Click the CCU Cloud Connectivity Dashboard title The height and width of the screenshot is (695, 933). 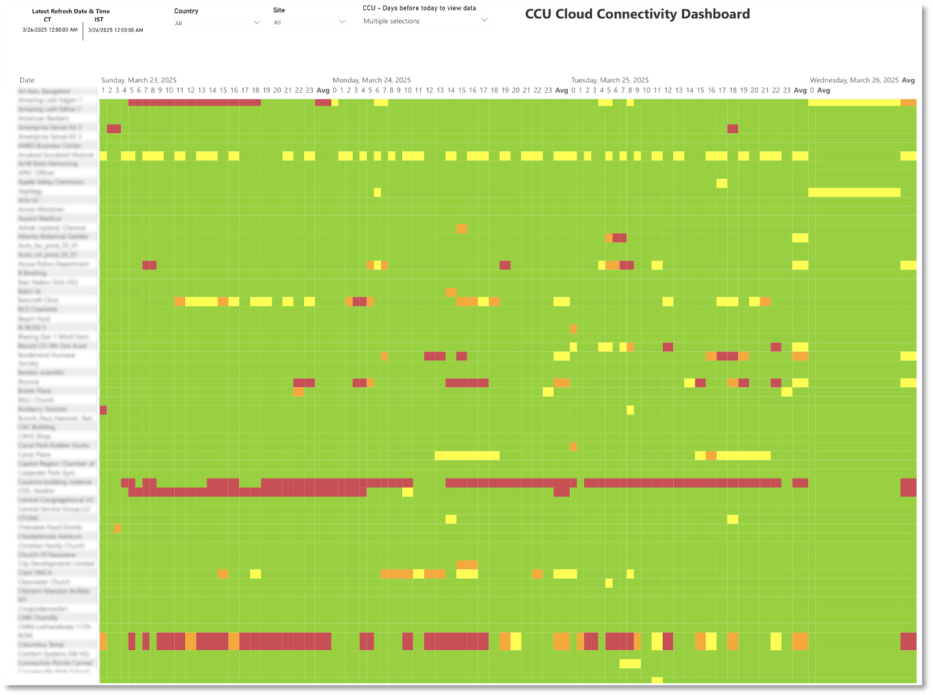(x=637, y=14)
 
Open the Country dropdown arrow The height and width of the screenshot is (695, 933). (x=257, y=23)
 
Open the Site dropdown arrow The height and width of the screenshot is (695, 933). (x=342, y=22)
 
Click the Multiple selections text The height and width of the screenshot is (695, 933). (x=391, y=21)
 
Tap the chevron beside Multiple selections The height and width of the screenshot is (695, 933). (x=484, y=21)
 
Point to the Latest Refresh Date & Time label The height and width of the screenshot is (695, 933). (x=71, y=11)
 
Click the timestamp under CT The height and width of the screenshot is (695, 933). (x=50, y=30)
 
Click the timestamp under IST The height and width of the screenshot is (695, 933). (x=116, y=30)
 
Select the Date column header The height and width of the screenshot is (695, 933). (x=27, y=81)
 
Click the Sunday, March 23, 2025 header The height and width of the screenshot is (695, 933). (x=139, y=80)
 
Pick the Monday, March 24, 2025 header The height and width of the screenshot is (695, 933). (x=372, y=80)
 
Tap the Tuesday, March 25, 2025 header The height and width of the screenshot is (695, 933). (x=610, y=80)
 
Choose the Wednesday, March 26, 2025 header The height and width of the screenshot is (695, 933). (x=854, y=80)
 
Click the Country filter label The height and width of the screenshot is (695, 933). (x=186, y=11)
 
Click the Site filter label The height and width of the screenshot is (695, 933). (x=279, y=10)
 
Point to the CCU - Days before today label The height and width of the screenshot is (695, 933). (x=419, y=8)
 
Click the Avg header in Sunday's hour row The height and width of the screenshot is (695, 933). (x=323, y=90)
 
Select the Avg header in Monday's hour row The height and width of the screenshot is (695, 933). (x=561, y=90)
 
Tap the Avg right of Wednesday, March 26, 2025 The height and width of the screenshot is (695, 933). (x=908, y=80)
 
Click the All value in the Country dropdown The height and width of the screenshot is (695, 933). (x=179, y=23)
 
